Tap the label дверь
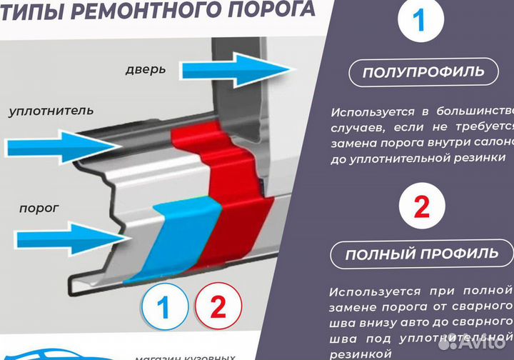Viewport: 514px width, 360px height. pos(145,69)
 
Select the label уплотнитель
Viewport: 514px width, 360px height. pos(51,111)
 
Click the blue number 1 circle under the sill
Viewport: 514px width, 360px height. pos(163,308)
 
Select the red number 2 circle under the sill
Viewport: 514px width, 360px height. pos(217,308)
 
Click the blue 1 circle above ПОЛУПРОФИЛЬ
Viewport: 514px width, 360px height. pos(418,21)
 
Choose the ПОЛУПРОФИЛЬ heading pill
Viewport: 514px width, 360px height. pos(423,71)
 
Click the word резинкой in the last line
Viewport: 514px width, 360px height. pos(361,354)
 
